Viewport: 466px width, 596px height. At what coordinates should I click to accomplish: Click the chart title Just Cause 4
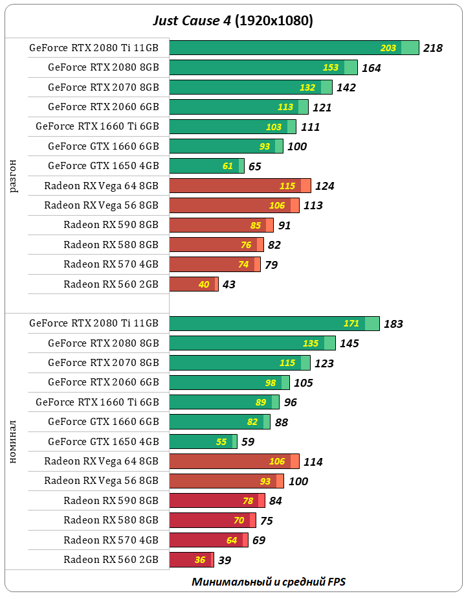point(232,21)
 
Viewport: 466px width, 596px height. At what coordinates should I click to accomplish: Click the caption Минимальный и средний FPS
point(272,581)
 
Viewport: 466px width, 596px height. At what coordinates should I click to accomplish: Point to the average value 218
point(432,48)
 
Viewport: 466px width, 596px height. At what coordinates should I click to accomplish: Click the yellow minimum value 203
point(388,48)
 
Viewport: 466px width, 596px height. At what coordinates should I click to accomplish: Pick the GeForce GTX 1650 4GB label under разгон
point(103,166)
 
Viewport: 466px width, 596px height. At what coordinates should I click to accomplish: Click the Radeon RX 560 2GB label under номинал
point(111,559)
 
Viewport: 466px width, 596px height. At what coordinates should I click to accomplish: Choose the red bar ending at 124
point(239,186)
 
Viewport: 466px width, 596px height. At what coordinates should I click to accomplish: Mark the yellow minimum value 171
point(351,323)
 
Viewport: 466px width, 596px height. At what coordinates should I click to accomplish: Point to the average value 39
point(225,560)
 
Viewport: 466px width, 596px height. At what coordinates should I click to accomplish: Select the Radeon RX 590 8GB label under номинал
point(111,500)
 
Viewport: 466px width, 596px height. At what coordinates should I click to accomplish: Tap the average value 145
point(349,343)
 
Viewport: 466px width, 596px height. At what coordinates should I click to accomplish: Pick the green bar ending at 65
point(206,166)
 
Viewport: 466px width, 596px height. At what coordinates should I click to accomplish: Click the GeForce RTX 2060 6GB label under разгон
point(103,106)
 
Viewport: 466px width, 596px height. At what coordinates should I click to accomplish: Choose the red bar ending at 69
point(208,540)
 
